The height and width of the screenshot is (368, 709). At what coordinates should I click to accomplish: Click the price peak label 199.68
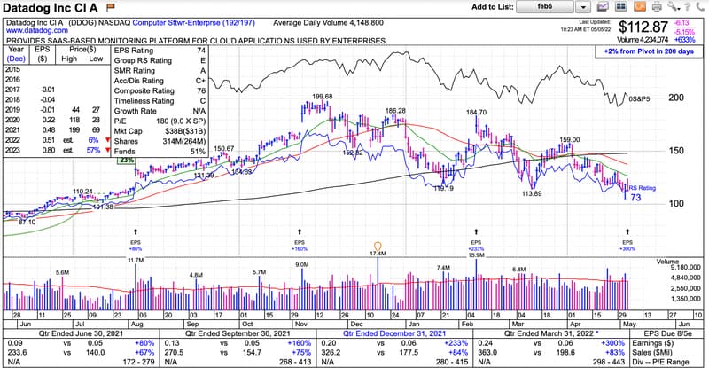pos(323,97)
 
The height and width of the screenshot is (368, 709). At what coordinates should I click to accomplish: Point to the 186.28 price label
pos(395,111)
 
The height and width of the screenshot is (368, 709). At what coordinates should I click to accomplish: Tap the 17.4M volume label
pos(378,254)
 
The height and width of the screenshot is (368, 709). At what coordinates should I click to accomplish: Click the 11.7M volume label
pos(136,261)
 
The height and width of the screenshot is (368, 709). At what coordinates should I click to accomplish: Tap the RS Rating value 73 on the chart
pos(635,197)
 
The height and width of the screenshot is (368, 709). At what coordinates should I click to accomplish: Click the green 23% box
pos(127,161)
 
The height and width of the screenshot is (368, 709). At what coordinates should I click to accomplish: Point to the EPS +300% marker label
pos(628,249)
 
